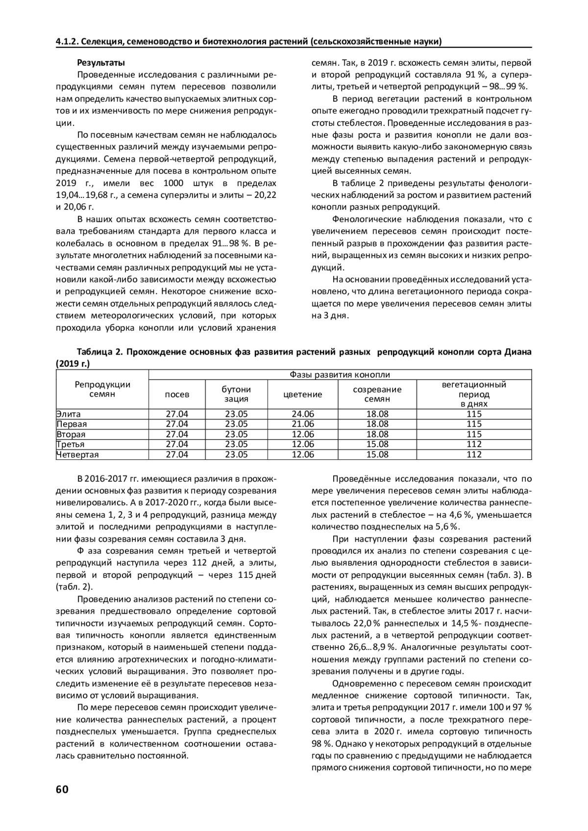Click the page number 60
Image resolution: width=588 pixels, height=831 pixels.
tap(62, 789)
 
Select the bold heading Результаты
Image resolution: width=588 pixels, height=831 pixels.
tap(101, 63)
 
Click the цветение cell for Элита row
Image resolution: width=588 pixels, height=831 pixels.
tap(303, 414)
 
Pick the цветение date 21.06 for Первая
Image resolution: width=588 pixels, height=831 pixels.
tap(303, 424)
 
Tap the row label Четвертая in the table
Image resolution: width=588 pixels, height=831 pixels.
tap(77, 454)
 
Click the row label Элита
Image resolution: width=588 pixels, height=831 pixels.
tap(69, 414)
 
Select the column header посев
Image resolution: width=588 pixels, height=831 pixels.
tap(177, 394)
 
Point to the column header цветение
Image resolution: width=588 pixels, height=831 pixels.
tap(303, 394)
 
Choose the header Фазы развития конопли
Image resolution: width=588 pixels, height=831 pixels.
tap(340, 375)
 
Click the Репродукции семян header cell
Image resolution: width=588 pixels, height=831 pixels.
tap(102, 389)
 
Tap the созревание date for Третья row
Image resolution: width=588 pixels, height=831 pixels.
tap(377, 444)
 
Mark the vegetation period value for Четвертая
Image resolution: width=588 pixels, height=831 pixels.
tap(474, 454)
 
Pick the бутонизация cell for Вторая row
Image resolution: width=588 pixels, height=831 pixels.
tap(236, 434)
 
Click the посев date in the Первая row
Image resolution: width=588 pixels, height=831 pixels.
tap(177, 424)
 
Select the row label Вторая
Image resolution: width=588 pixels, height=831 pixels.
tap(71, 434)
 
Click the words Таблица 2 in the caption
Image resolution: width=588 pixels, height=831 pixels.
tap(101, 352)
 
